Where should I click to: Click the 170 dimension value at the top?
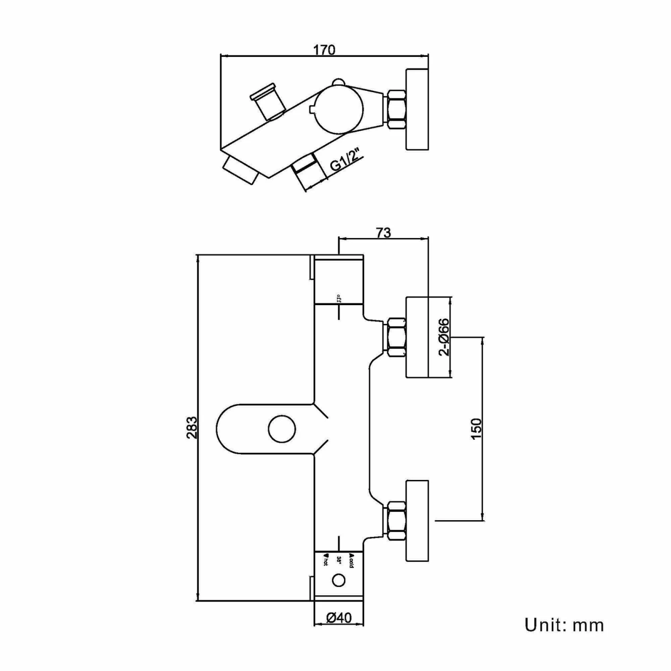(324, 50)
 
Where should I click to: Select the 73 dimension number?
(384, 233)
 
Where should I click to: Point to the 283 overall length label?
(191, 427)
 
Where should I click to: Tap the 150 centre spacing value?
(476, 428)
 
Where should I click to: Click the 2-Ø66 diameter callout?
(444, 337)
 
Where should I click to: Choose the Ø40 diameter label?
(339, 618)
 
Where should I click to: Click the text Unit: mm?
(564, 625)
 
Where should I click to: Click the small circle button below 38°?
(339, 581)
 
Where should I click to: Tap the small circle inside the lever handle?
(282, 429)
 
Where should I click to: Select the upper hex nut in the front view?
(395, 337)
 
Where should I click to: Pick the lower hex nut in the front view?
(395, 520)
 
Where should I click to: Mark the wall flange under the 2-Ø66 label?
(417, 337)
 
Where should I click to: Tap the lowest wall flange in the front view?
(417, 520)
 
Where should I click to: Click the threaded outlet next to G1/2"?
(308, 172)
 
